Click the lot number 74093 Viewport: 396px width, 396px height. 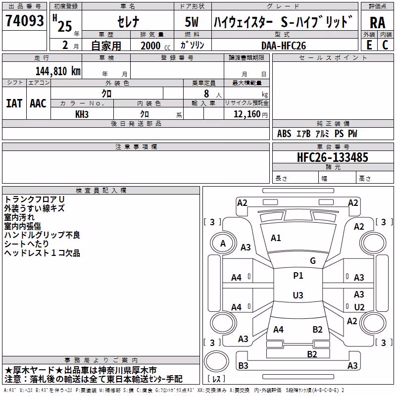[24, 20]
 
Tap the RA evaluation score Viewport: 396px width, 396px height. [377, 23]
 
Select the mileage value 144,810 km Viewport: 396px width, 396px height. [58, 71]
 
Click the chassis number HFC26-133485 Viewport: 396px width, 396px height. [333, 157]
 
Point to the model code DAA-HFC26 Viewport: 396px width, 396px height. [284, 46]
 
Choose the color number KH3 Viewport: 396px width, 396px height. [82, 114]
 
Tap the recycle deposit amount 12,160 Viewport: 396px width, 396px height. [247, 114]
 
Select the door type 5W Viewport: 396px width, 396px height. [192, 22]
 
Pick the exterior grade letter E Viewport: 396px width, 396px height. [369, 45]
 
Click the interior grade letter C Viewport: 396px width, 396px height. [385, 45]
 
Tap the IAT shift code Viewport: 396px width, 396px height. [14, 103]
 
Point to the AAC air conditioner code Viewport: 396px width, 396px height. [38, 103]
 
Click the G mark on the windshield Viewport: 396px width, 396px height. [313, 261]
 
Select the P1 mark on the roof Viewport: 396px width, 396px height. [298, 276]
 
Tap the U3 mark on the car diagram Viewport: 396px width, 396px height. [298, 295]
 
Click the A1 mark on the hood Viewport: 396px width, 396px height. [276, 238]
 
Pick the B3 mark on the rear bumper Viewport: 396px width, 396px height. [243, 365]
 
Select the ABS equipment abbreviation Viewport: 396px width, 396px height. [284, 134]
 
